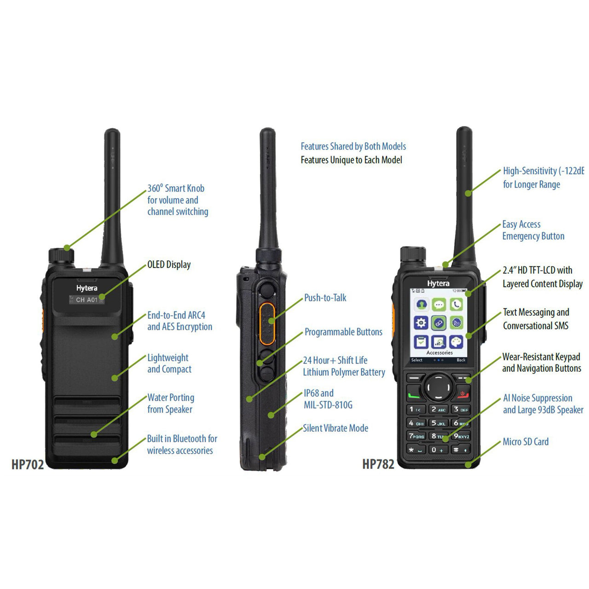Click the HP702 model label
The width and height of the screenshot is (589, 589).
click(28, 464)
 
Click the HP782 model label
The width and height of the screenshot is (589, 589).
click(378, 464)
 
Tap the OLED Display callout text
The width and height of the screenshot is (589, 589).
click(169, 265)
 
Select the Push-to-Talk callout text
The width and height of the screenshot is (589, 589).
click(325, 298)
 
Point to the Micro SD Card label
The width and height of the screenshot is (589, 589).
click(525, 442)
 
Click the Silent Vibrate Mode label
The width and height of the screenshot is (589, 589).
click(335, 428)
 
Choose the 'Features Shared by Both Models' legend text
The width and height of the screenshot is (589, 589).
click(353, 146)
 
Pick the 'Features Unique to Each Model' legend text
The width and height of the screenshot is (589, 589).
click(352, 160)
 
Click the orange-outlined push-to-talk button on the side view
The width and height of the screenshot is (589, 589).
click(267, 323)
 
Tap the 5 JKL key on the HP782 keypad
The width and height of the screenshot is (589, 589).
click(439, 423)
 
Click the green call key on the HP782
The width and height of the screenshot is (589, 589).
click(414, 395)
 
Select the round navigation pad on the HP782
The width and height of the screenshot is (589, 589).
click(438, 387)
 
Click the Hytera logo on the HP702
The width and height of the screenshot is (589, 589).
click(87, 288)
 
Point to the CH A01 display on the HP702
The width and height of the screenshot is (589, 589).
click(87, 300)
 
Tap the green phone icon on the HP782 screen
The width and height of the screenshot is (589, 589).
click(456, 304)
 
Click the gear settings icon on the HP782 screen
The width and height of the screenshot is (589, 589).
click(421, 323)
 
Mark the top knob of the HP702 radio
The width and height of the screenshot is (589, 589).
click(61, 255)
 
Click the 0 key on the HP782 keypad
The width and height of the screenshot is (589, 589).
click(437, 450)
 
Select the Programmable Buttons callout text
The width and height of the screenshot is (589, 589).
click(343, 332)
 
